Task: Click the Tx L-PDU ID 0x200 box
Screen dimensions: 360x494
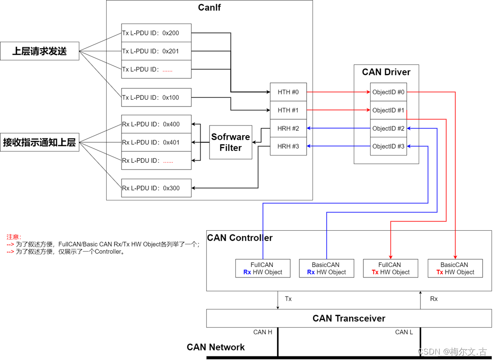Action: pos(156,33)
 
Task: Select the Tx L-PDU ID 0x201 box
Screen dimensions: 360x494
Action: pos(156,51)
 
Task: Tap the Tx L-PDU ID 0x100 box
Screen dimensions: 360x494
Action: pos(156,97)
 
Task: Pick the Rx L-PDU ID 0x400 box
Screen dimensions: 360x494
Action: pos(156,124)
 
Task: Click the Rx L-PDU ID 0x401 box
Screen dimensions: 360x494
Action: pos(156,142)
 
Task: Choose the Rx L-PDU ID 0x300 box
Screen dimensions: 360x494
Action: pos(156,188)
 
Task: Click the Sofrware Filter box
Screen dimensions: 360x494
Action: pos(230,142)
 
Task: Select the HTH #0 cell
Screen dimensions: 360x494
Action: pos(288,92)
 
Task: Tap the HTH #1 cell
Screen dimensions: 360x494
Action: pos(288,110)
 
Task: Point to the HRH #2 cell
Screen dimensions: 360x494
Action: pos(288,128)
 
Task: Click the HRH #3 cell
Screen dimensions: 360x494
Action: pos(288,146)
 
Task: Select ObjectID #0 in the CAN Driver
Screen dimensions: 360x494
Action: pos(388,92)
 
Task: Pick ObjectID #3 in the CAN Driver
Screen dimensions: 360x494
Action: pos(388,146)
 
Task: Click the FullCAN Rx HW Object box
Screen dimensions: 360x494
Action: pos(263,268)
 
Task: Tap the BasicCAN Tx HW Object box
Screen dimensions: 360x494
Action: pos(455,268)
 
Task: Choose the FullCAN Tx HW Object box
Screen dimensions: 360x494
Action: pos(390,268)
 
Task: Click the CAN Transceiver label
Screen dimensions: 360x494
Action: pos(348,318)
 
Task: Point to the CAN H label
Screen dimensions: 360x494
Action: pos(263,332)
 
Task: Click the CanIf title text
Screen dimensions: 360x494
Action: pos(209,7)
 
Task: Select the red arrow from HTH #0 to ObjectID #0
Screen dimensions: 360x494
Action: pos(338,92)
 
